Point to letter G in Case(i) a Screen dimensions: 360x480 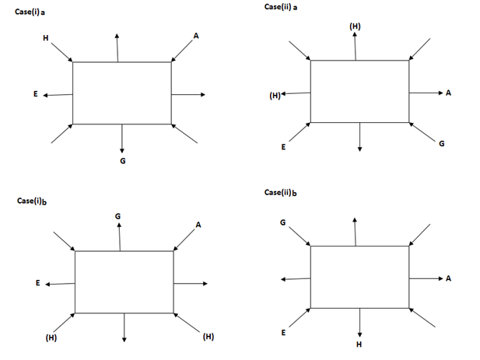pos(123,160)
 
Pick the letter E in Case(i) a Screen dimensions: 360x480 pos(35,94)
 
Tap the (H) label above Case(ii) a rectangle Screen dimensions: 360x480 pos(356,26)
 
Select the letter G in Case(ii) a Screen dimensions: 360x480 pos(442,143)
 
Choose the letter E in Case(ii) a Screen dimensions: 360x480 pos(282,147)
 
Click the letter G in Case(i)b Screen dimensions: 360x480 pos(117,215)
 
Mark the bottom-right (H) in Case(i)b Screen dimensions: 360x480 pos(208,337)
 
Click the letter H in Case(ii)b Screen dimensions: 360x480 pos(359,343)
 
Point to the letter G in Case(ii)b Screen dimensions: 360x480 pos(282,222)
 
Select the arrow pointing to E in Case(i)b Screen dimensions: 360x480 pos(61,284)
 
